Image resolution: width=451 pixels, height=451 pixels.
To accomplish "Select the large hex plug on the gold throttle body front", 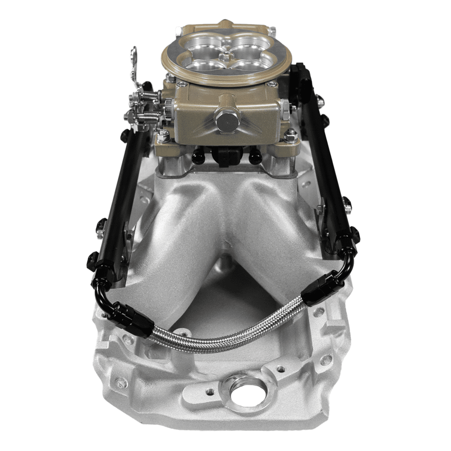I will tap(227, 119).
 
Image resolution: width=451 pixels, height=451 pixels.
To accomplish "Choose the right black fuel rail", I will tap(324, 167).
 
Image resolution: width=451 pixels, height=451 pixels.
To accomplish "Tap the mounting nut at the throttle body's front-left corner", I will tap(164, 136).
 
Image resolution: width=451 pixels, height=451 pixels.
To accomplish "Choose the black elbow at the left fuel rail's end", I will tap(102, 284).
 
